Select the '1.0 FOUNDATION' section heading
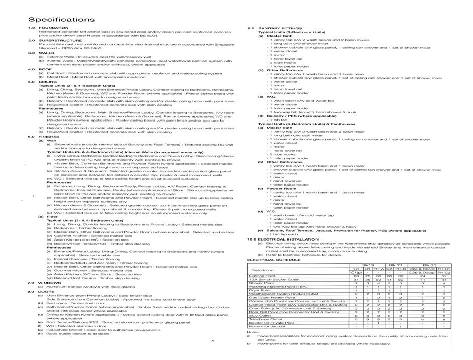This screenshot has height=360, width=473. tap(45, 28)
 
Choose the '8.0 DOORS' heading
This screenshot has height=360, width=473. tap(40, 291)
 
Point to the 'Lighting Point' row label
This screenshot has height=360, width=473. tap(263, 276)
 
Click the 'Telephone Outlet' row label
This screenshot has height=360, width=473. tap(264, 319)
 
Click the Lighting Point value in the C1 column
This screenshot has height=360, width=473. tap(356, 276)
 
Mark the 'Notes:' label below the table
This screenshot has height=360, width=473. tap(252, 332)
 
